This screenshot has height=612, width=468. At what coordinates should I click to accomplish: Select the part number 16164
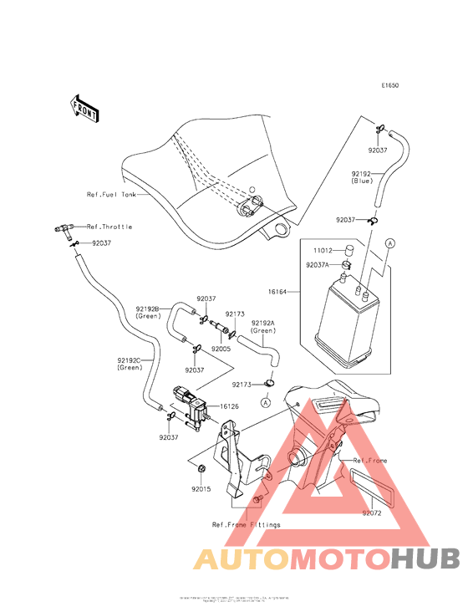pyautogui.click(x=277, y=292)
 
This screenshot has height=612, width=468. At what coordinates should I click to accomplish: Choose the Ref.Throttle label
pyautogui.click(x=109, y=227)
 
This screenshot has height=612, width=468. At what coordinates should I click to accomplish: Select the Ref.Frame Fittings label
pyautogui.click(x=246, y=524)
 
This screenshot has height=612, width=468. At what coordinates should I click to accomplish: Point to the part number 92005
pyautogui.click(x=221, y=348)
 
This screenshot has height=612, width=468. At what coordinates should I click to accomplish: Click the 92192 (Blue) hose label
pyautogui.click(x=361, y=176)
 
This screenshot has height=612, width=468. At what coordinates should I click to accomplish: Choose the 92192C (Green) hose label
pyautogui.click(x=130, y=365)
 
